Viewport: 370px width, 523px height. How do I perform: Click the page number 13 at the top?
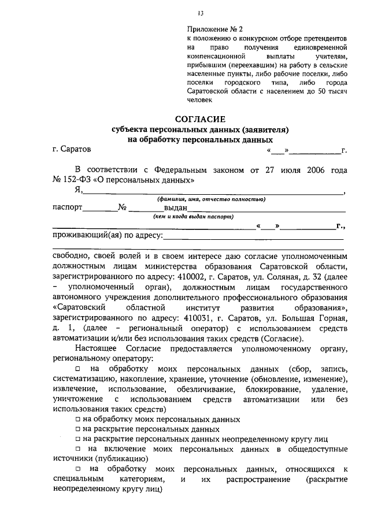click(x=200, y=13)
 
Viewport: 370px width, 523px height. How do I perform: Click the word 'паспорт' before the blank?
click(x=67, y=208)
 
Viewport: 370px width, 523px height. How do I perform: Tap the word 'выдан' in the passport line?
click(x=176, y=208)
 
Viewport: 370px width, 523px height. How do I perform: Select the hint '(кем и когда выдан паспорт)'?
click(x=193, y=217)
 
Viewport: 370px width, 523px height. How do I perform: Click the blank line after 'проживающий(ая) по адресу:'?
click(x=254, y=237)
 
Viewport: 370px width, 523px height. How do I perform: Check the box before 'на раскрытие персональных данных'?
click(x=78, y=429)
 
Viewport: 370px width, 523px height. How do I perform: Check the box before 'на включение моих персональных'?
click(x=78, y=449)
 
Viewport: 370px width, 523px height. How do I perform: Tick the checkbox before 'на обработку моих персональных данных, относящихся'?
click(x=78, y=469)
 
